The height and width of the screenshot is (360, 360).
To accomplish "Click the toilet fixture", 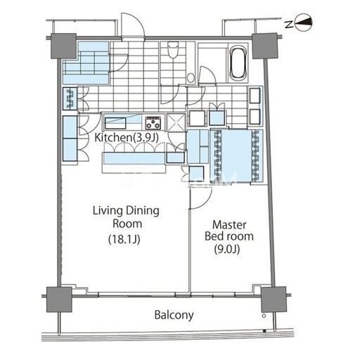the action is [173, 49].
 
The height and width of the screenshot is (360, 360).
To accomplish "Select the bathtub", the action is [238, 63].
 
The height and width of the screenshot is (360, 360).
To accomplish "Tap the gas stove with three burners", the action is [153, 122].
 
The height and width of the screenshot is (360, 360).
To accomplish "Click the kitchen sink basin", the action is [115, 123].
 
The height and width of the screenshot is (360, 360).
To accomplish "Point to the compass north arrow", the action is [304, 22].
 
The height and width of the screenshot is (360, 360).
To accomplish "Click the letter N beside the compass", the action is [290, 24].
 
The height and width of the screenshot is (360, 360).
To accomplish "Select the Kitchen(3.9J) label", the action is [127, 138].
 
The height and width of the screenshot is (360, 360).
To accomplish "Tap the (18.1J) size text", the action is [124, 239].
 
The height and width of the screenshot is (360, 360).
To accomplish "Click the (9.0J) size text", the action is [227, 249].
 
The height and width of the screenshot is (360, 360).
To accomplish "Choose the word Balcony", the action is [174, 315].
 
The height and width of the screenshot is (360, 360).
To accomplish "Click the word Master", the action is [229, 225].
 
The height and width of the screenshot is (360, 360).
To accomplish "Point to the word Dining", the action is [142, 211].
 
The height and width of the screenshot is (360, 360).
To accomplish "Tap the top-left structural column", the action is [63, 46].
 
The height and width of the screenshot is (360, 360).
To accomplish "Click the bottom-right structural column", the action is [274, 300].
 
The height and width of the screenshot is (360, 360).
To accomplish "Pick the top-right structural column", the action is [264, 46].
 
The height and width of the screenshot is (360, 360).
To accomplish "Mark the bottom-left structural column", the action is [59, 300].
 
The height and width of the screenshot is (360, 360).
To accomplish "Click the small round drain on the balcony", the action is [264, 316].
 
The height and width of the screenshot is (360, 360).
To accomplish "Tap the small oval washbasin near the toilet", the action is [191, 78].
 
